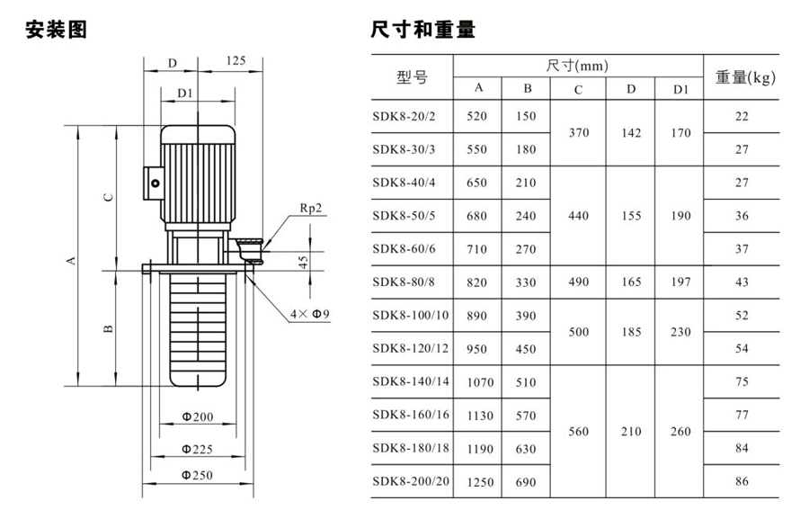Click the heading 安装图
(57, 30)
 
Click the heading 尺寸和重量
(422, 30)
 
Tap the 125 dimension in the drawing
(235, 60)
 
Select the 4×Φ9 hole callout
(310, 314)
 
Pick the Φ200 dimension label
(197, 416)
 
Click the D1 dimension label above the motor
(185, 92)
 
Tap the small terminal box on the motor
(153, 183)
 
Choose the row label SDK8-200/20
(411, 481)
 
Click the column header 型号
(412, 77)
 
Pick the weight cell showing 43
(742, 282)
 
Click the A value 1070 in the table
(480, 382)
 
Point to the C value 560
(579, 432)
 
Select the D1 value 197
(680, 282)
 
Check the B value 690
(528, 482)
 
